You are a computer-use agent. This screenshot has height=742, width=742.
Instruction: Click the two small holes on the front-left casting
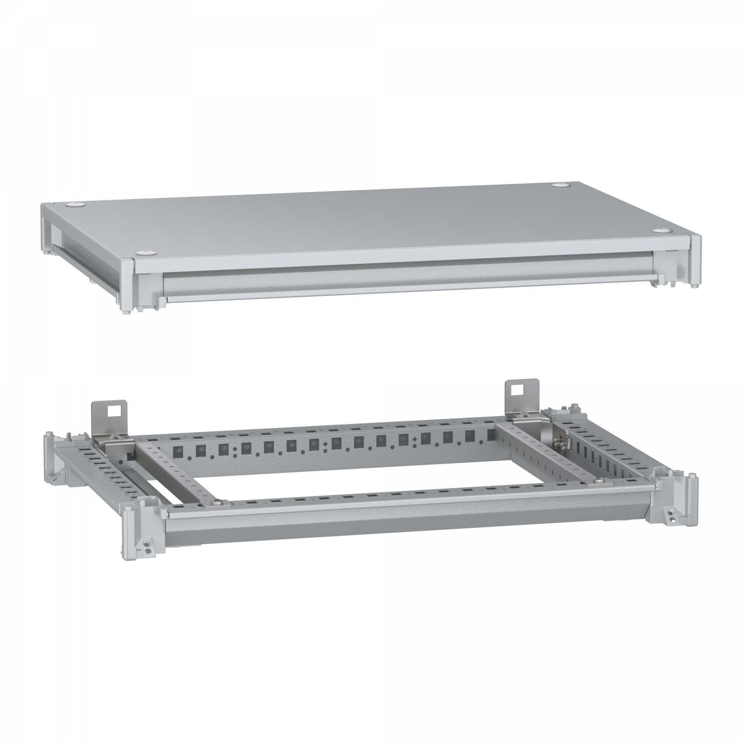(x=148, y=548)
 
